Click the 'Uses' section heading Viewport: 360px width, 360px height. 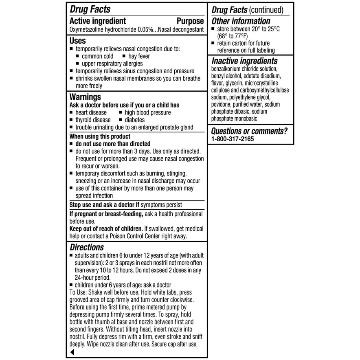click(x=78, y=41)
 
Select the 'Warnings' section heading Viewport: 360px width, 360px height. click(x=86, y=97)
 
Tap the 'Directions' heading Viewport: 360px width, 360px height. click(x=87, y=247)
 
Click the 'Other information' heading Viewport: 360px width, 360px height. click(x=241, y=21)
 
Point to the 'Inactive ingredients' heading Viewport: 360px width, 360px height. click(x=244, y=61)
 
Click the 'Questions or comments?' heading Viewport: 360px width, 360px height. click(x=249, y=131)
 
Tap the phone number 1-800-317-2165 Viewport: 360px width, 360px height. click(x=233, y=139)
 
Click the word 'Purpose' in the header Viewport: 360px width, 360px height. click(x=190, y=21)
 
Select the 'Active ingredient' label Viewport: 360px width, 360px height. click(x=98, y=21)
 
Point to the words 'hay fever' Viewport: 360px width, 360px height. click(x=139, y=56)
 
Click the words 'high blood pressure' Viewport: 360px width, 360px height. click(x=148, y=112)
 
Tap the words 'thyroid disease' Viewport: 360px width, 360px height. click(x=93, y=120)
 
